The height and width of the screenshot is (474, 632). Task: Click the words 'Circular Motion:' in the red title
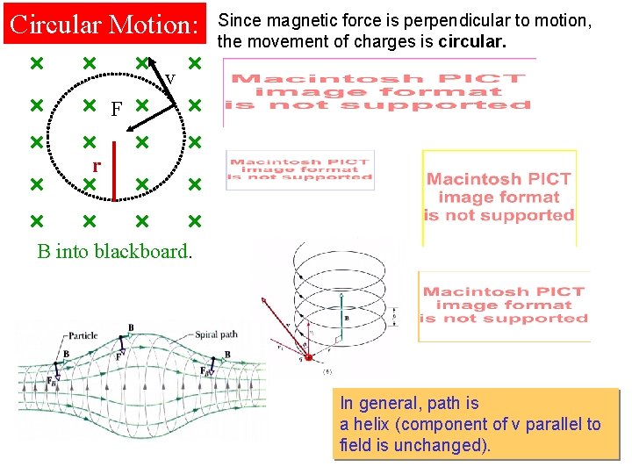point(104,25)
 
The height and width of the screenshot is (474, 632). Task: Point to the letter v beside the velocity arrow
point(170,80)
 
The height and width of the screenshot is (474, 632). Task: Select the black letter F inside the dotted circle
point(116,110)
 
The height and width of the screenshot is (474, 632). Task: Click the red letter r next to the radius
point(97,164)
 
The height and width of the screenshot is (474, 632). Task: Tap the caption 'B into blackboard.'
point(113,251)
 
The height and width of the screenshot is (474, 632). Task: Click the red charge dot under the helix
point(308,356)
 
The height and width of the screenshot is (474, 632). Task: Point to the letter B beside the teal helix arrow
point(347,318)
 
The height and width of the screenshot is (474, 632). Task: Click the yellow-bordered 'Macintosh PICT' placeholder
point(499,197)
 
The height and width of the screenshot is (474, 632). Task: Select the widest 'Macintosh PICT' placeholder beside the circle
point(378,91)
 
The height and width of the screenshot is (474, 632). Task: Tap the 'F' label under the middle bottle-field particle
point(119,356)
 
